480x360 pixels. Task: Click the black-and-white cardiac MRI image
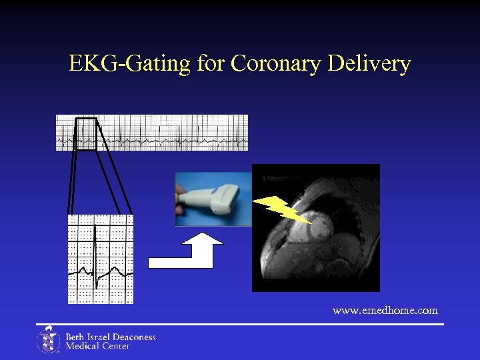[316, 228]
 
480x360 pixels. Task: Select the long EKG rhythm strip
[152, 133]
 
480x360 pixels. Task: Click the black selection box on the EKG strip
[86, 133]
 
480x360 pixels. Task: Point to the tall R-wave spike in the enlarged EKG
[96, 247]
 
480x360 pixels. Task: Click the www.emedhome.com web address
[385, 311]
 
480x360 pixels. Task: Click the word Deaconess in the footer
[133, 337]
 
